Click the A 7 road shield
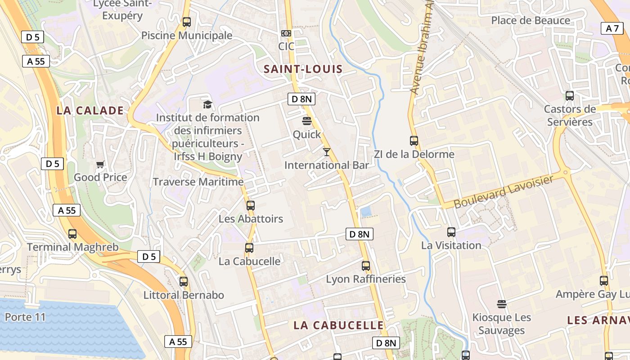(x=612, y=28)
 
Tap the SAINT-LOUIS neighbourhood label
(x=303, y=69)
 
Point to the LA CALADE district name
(x=90, y=111)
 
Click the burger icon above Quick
(x=307, y=121)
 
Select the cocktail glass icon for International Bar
(x=327, y=152)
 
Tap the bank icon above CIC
(x=286, y=33)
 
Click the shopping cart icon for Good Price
(x=100, y=164)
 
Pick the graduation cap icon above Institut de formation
(x=207, y=104)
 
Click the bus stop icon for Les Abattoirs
(x=251, y=206)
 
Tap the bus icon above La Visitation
(x=451, y=232)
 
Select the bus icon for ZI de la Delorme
(x=414, y=141)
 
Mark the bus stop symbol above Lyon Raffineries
(x=366, y=266)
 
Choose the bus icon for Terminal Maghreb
(x=72, y=234)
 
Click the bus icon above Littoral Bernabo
(x=184, y=282)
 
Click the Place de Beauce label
(x=531, y=20)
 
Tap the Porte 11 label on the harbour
(x=25, y=317)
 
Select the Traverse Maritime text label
(x=198, y=182)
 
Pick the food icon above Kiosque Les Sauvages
(x=502, y=304)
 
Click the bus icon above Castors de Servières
(x=570, y=96)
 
